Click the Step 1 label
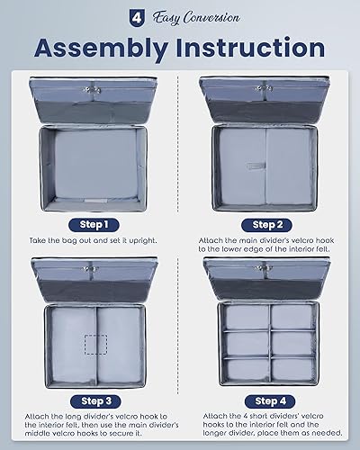(x=94, y=224)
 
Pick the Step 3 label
(x=94, y=400)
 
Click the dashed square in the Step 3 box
(x=94, y=346)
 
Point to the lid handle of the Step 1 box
(x=94, y=86)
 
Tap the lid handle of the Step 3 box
(x=94, y=266)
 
